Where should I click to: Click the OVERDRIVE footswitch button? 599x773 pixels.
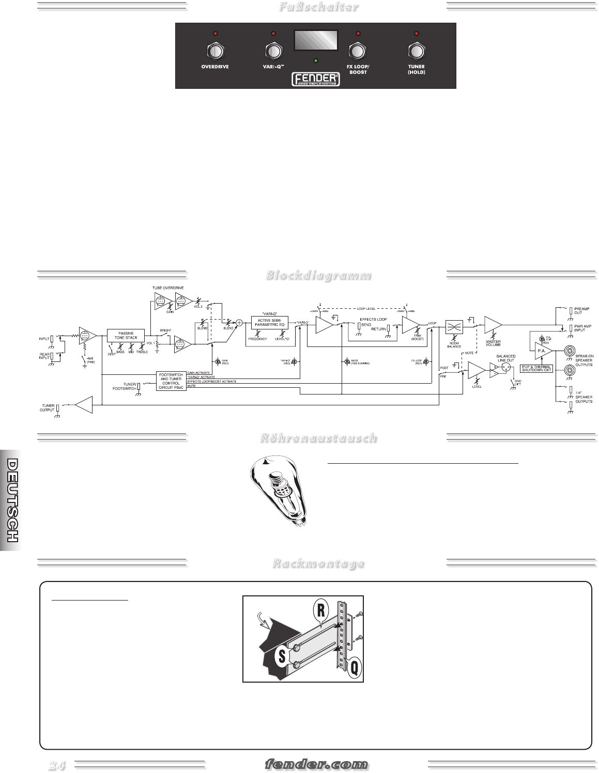pos(215,51)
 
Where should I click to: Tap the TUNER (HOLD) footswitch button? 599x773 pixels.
pos(416,51)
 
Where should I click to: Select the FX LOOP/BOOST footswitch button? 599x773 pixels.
pos(358,51)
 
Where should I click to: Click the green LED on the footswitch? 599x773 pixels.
pos(316,60)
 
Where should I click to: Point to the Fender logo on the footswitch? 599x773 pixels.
pos(316,78)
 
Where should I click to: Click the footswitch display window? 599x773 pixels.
pos(316,40)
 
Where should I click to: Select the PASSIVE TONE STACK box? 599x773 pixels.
pos(126,335)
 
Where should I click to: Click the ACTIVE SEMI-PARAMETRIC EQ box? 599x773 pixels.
pos(270,323)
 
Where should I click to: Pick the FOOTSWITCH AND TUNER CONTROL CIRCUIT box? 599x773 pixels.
pos(171,381)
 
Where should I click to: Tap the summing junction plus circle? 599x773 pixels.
pos(239,323)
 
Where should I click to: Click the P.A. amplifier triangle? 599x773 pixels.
pos(543,351)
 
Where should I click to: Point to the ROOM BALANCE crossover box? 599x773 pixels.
pos(454,326)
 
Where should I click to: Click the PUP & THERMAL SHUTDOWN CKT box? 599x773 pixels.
pos(537,369)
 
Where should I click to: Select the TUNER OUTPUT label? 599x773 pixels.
pos(47,408)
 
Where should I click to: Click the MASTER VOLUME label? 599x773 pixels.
pos(493,343)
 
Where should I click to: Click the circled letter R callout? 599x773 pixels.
pos(321,610)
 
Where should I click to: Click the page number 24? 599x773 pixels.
pos(57,765)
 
